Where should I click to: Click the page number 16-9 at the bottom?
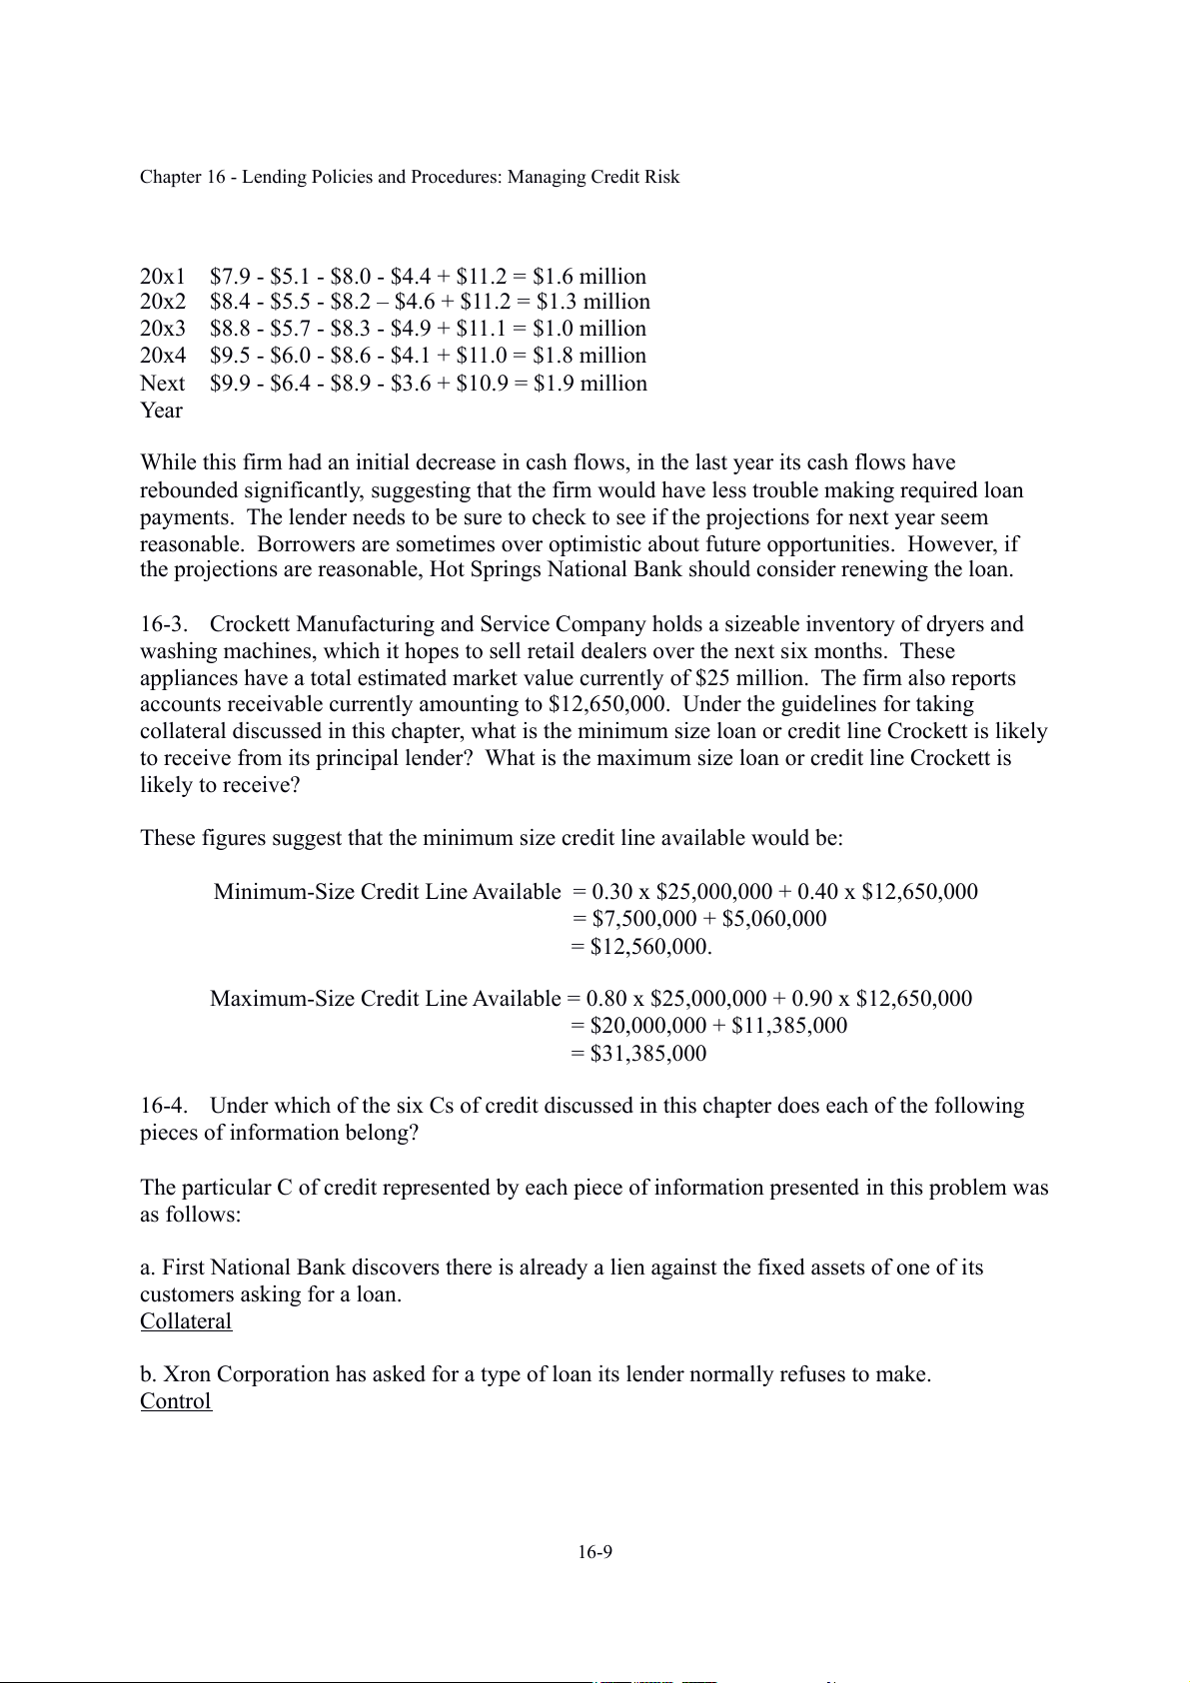click(595, 1552)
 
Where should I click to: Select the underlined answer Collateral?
click(186, 1321)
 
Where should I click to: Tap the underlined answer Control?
click(176, 1401)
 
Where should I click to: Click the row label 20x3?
click(163, 329)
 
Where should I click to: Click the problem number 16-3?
click(164, 624)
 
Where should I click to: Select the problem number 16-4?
click(164, 1106)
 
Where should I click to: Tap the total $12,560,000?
click(650, 947)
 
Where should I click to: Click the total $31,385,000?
click(648, 1054)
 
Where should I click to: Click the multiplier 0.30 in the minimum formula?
click(612, 892)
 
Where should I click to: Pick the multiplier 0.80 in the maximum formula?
click(606, 999)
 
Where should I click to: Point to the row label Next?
click(162, 384)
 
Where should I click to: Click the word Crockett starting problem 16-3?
click(250, 624)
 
